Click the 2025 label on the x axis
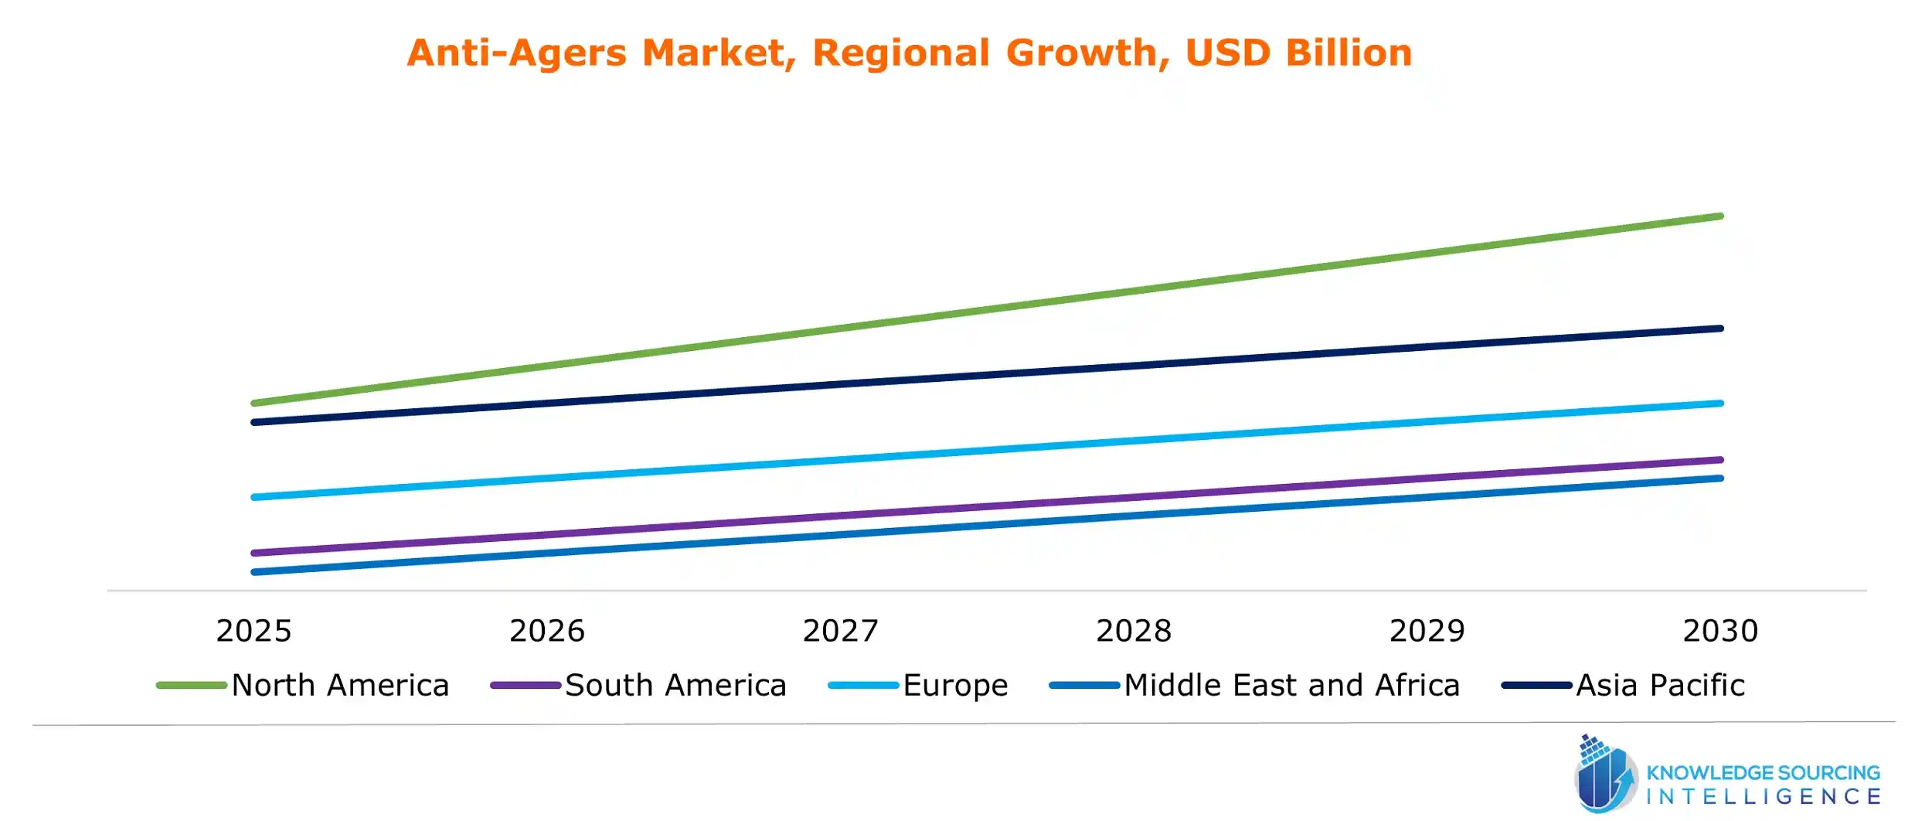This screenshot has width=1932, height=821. click(253, 631)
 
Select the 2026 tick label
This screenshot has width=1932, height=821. click(547, 631)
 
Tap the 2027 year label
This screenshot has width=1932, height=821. click(840, 631)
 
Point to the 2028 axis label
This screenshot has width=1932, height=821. click(1134, 631)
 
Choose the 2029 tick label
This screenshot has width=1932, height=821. click(1427, 631)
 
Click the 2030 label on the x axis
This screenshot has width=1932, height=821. click(1720, 631)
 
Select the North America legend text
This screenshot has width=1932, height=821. click(340, 686)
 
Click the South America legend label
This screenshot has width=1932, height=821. click(675, 686)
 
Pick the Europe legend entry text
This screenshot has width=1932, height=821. click(955, 686)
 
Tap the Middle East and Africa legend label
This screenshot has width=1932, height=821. click(1291, 686)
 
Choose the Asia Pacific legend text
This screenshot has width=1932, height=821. click(1660, 686)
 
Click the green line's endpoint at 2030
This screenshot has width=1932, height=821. click(1719, 216)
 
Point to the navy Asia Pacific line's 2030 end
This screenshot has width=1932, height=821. click(1719, 329)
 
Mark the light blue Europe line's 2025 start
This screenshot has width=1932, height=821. click(255, 497)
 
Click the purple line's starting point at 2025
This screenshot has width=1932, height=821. click(255, 553)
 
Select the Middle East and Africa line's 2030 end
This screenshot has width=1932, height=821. click(1719, 479)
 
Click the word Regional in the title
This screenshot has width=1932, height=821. click(900, 53)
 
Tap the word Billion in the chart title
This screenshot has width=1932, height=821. click(1349, 53)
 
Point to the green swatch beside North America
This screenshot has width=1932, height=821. click(192, 686)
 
